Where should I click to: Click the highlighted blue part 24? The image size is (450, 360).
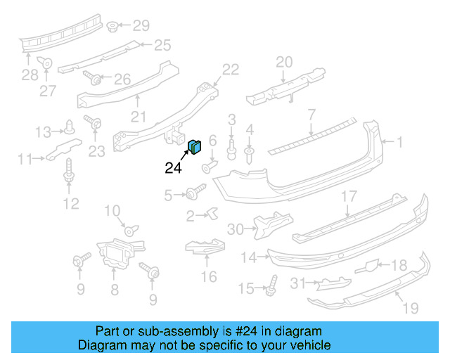coord(195,146)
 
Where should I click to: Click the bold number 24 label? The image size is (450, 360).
coord(173,167)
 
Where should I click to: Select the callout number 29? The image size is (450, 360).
coord(141,26)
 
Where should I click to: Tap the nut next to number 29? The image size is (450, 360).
coord(112,27)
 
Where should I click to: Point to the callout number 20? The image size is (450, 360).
coord(283,62)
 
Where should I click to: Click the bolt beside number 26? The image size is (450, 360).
coord(92,76)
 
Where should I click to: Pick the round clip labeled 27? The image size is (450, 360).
coord(46,63)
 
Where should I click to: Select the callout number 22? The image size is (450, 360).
coord(231,69)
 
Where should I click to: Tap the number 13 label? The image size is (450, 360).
coord(44,131)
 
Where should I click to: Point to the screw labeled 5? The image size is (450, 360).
coord(193,193)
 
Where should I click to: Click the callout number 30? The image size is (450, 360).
coord(235,229)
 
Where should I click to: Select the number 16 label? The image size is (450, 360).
coord(209,276)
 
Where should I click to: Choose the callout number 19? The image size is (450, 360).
coord(411,307)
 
